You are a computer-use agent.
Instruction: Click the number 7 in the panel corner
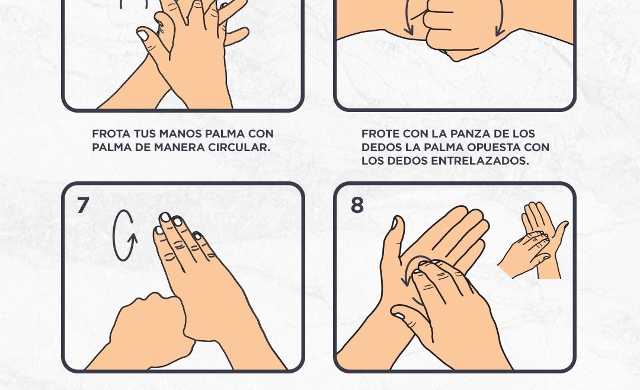pyautogui.click(x=83, y=205)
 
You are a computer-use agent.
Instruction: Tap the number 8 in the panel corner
pyautogui.click(x=357, y=205)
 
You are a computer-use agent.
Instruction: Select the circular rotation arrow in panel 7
pyautogui.click(x=124, y=236)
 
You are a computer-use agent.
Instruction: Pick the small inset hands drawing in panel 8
pyautogui.click(x=533, y=241)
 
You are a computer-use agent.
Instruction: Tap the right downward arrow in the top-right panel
pyautogui.click(x=500, y=18)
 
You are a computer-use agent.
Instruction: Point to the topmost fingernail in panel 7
pyautogui.click(x=165, y=218)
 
